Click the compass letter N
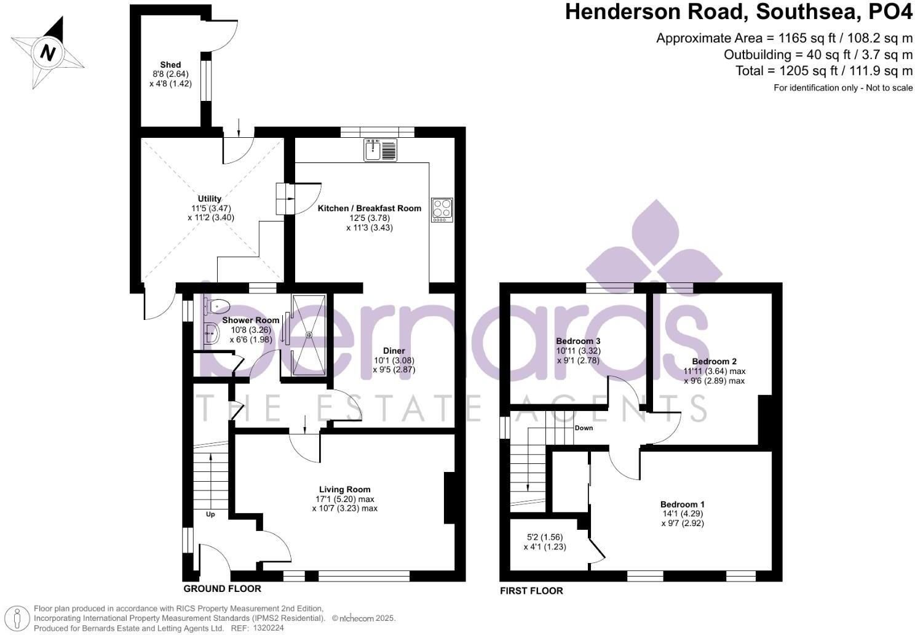click(x=48, y=53)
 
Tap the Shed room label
click(x=170, y=65)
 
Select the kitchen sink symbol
click(x=380, y=150)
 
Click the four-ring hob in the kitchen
click(x=442, y=210)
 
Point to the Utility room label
click(x=210, y=199)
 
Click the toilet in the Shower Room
click(x=217, y=305)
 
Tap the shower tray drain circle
click(x=309, y=335)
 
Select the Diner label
click(x=394, y=351)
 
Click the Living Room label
click(x=345, y=489)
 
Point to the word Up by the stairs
click(x=210, y=514)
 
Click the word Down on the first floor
click(x=584, y=428)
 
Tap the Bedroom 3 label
click(x=578, y=341)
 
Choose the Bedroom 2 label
click(x=715, y=361)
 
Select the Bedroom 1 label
click(x=683, y=504)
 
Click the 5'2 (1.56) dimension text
click(x=545, y=537)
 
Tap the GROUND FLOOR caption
click(x=222, y=588)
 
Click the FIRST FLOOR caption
click(x=531, y=591)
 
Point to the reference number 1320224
click(x=268, y=628)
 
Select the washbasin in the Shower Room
click(x=212, y=333)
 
